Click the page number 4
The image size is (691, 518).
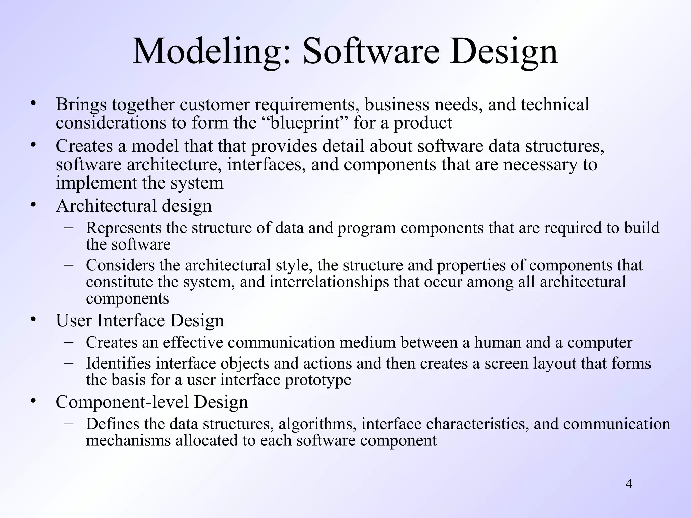click(629, 484)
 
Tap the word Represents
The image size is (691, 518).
click(123, 228)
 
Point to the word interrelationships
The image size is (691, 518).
click(329, 282)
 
